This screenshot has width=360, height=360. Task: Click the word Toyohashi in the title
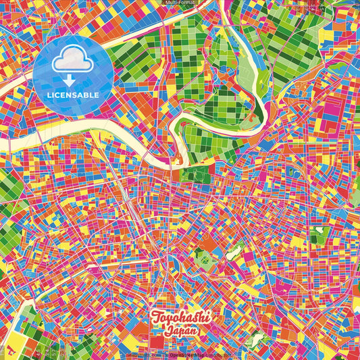click(180, 317)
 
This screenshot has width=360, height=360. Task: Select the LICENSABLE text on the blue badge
click(74, 94)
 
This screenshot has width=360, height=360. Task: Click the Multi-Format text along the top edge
click(179, 3)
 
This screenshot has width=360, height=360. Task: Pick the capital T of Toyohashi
click(156, 317)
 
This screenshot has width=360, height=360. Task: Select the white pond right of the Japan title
click(256, 338)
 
